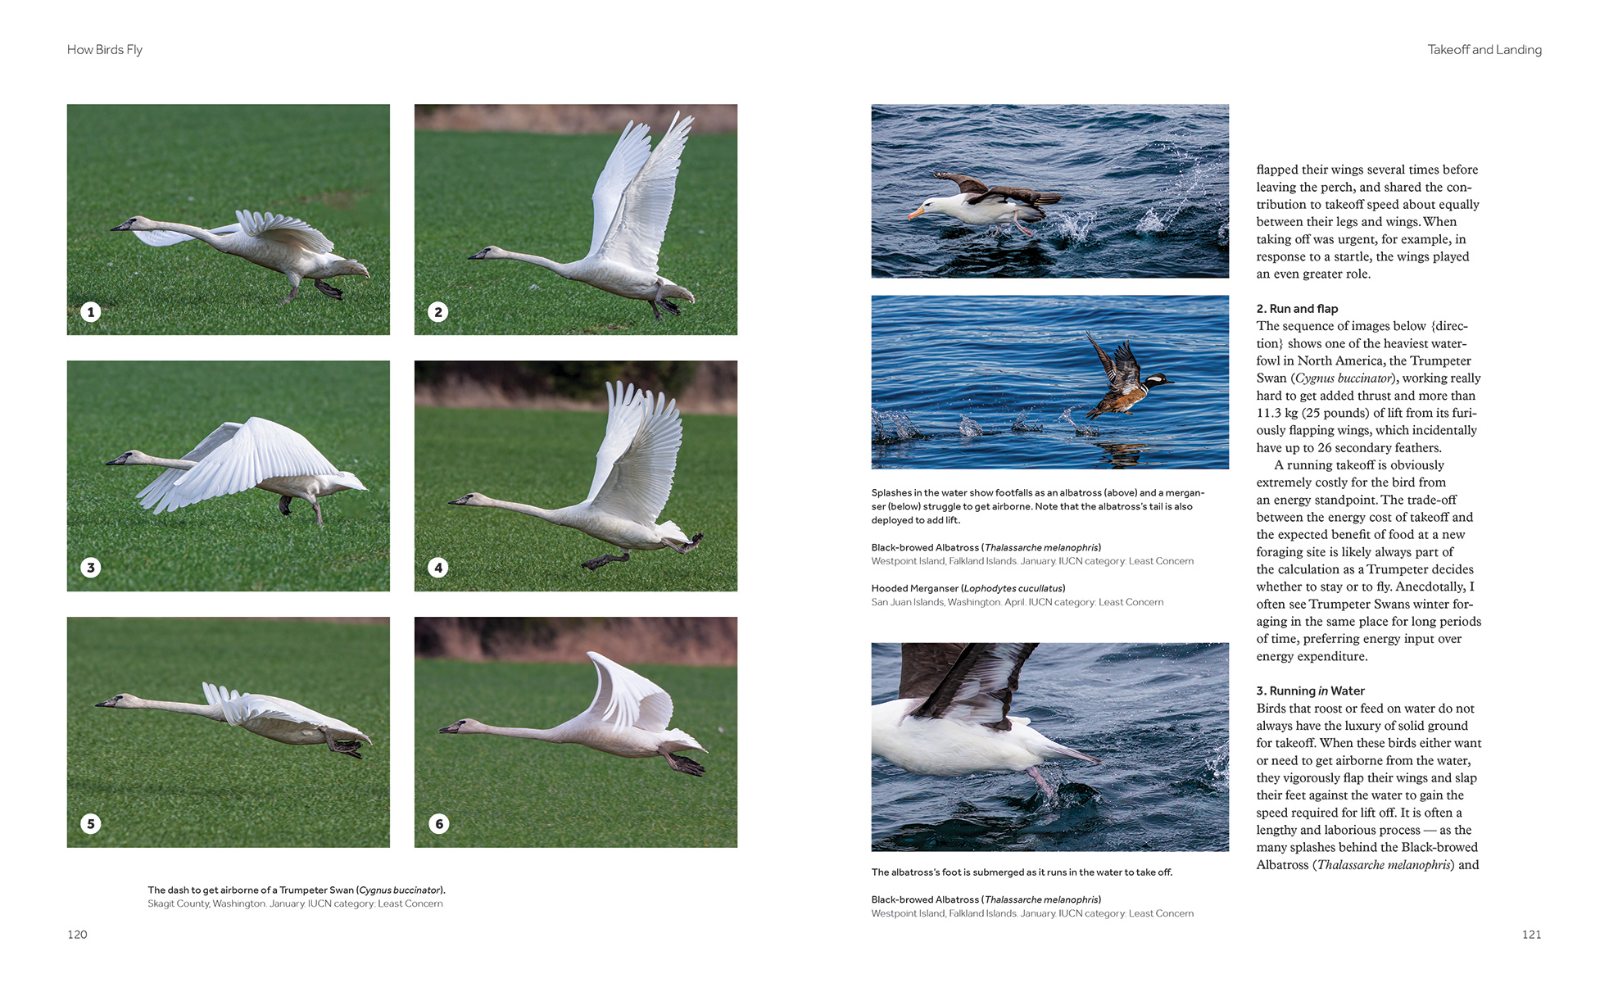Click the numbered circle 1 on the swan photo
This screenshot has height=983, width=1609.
(91, 312)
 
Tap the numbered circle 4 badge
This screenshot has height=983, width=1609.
(438, 568)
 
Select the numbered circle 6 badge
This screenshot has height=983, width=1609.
(438, 824)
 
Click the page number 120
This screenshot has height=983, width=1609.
(77, 935)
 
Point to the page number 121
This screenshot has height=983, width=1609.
(1531, 935)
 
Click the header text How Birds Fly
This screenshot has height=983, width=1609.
(105, 50)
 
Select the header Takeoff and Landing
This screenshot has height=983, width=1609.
(1484, 50)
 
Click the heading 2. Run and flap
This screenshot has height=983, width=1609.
(1297, 309)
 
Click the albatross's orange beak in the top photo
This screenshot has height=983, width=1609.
(915, 214)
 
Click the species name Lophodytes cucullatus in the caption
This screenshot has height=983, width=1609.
(1013, 589)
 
